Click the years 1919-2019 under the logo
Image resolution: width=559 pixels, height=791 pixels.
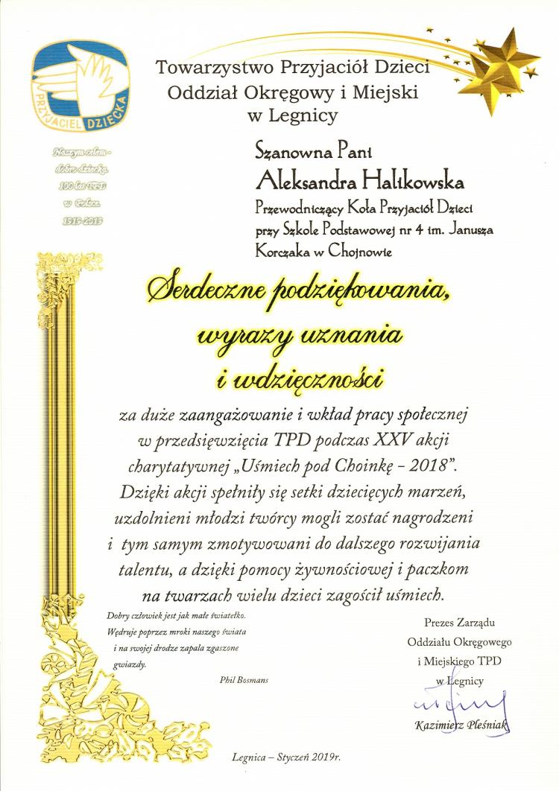click(78, 220)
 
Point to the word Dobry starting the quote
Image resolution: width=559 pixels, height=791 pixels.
click(119, 617)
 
